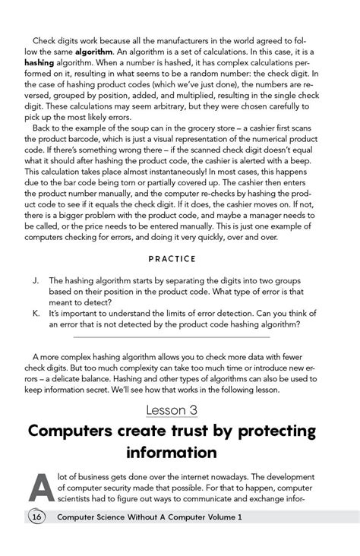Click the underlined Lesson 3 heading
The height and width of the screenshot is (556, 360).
[x=180, y=410]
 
